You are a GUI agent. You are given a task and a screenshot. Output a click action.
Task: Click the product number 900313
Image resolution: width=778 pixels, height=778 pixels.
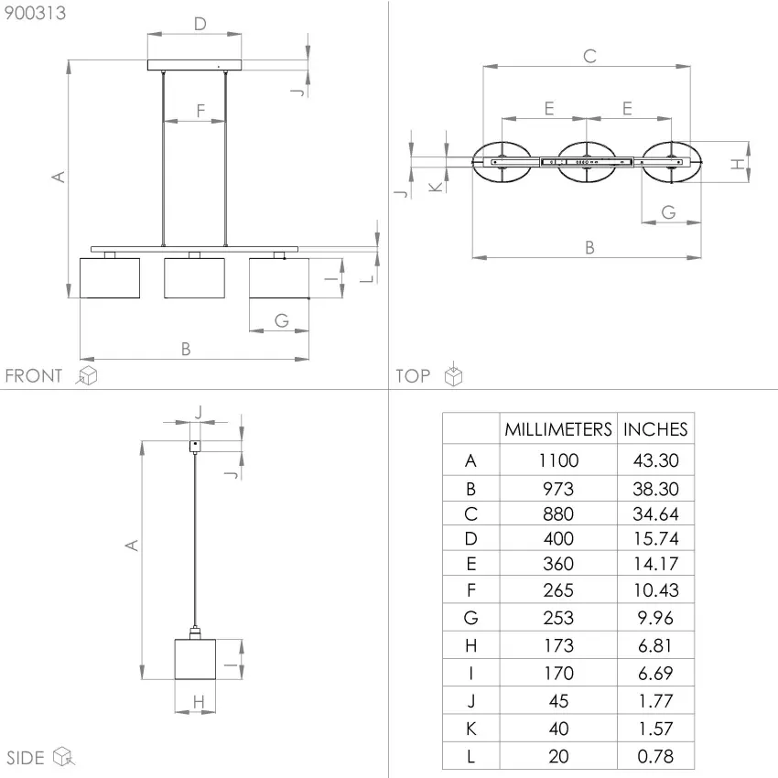36,13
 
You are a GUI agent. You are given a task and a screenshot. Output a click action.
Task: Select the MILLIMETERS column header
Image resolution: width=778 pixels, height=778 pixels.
558,429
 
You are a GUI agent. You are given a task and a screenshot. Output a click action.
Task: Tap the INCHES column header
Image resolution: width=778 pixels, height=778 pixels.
655,429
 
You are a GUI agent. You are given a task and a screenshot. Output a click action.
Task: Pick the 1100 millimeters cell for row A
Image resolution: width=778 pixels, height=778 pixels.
558,460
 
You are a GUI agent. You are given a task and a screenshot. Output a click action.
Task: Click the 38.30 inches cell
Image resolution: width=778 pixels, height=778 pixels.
655,489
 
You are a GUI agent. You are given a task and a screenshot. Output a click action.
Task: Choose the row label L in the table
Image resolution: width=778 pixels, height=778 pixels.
470,756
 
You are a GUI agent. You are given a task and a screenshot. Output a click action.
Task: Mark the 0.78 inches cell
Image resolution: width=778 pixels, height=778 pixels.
655,756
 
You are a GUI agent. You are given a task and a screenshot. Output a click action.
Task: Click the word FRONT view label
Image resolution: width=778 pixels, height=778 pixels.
34,375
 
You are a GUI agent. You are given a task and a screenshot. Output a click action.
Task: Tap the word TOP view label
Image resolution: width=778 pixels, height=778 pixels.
413,375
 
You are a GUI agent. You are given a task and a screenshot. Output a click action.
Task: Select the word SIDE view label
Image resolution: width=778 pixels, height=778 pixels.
26,757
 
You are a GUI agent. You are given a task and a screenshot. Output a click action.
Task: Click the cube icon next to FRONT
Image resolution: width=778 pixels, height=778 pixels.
87,375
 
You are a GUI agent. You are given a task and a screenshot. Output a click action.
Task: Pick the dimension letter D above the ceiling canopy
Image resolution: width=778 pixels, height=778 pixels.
200,24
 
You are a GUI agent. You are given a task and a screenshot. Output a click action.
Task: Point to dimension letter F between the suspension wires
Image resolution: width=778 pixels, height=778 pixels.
200,112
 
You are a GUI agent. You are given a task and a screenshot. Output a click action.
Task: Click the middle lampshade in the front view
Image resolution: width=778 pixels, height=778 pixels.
194,278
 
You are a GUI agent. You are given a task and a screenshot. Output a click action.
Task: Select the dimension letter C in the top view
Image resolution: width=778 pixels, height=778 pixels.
589,56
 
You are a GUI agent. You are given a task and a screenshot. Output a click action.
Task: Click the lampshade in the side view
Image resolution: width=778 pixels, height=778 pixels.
194,659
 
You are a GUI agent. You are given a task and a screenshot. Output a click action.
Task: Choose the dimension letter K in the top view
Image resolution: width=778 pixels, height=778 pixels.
436,187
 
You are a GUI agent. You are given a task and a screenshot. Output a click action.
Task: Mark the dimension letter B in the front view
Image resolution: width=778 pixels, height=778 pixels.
186,348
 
